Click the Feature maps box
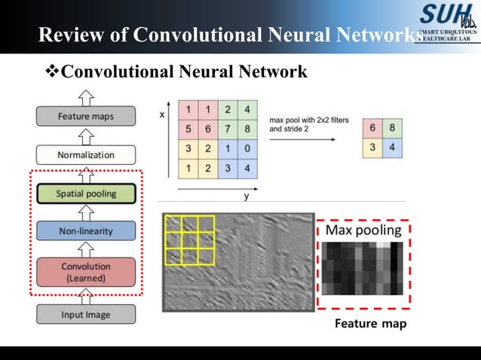(x=85, y=117)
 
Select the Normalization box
(x=85, y=155)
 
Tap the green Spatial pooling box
(x=85, y=194)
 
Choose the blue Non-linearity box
(x=85, y=230)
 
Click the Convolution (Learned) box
(x=85, y=271)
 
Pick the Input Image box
(x=85, y=314)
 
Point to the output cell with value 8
(x=391, y=129)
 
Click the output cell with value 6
(x=372, y=129)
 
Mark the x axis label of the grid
(x=162, y=114)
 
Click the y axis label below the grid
(x=247, y=197)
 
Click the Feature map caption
(x=370, y=324)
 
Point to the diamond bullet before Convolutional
(x=52, y=72)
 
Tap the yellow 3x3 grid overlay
(x=190, y=241)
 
